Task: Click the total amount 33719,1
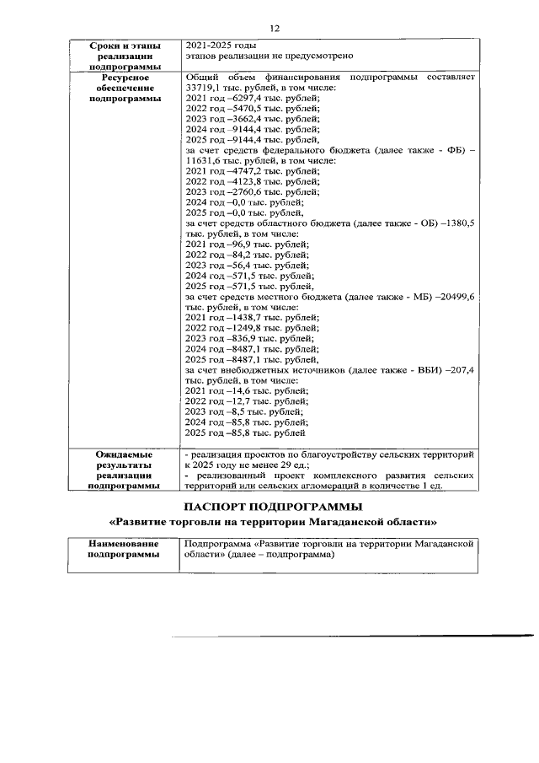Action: click(204, 89)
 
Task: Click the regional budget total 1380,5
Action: click(460, 222)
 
